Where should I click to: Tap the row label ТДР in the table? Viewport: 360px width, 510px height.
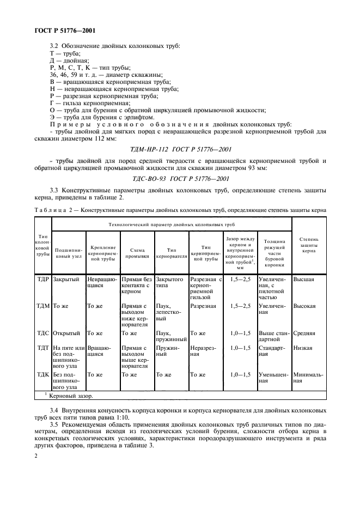(43, 278)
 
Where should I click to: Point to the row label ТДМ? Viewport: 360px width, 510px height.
(43, 306)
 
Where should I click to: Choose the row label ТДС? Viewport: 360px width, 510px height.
(43, 333)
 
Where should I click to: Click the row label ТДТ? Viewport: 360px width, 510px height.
(43, 347)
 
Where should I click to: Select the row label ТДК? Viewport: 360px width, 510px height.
(43, 374)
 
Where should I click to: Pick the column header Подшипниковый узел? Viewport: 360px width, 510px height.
(69, 252)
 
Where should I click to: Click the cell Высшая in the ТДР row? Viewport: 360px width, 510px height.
(303, 278)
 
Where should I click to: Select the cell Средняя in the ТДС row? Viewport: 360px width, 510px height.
(304, 333)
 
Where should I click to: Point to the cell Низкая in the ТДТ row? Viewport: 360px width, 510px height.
(303, 347)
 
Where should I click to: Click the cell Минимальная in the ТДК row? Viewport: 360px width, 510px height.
(308, 378)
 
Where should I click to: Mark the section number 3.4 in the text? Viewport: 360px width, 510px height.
(54, 409)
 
